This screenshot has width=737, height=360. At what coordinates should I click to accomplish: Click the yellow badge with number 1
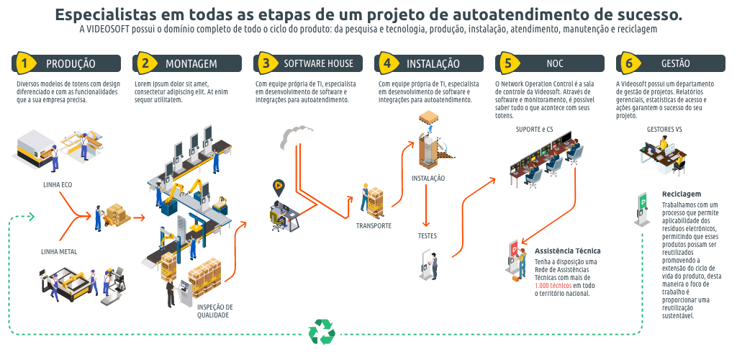pos(24,63)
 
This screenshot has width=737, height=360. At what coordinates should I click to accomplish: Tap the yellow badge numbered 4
pos(387,63)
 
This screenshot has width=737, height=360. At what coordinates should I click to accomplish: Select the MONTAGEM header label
pos(191,63)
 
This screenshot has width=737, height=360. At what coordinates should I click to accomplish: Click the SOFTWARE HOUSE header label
pos(318,63)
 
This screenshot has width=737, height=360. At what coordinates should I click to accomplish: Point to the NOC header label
pos(555,63)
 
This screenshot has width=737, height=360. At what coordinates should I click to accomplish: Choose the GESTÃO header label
pos(675,63)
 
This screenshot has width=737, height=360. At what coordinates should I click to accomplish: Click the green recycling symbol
pos(322,332)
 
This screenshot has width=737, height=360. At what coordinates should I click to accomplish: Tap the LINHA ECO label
pos(58,184)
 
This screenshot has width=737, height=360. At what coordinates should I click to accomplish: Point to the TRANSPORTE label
pos(374,225)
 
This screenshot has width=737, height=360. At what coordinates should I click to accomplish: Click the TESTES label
pos(428,235)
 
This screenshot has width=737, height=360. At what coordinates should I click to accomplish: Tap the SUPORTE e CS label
pos(534,130)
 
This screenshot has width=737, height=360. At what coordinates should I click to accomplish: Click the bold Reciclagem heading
pos(681,194)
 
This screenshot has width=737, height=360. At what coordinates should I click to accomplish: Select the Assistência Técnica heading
pos(568,251)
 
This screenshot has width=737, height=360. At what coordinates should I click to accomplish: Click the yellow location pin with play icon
pos(279,186)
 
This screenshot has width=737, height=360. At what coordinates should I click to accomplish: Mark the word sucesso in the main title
pos(643,14)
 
